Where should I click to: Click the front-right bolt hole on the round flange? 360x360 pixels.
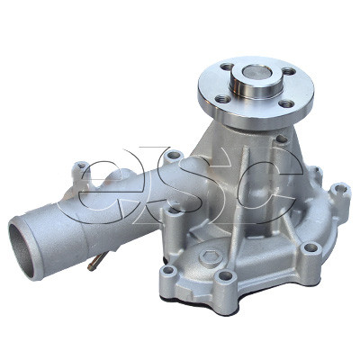(287, 103)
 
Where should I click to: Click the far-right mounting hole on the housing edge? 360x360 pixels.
(338, 191)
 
